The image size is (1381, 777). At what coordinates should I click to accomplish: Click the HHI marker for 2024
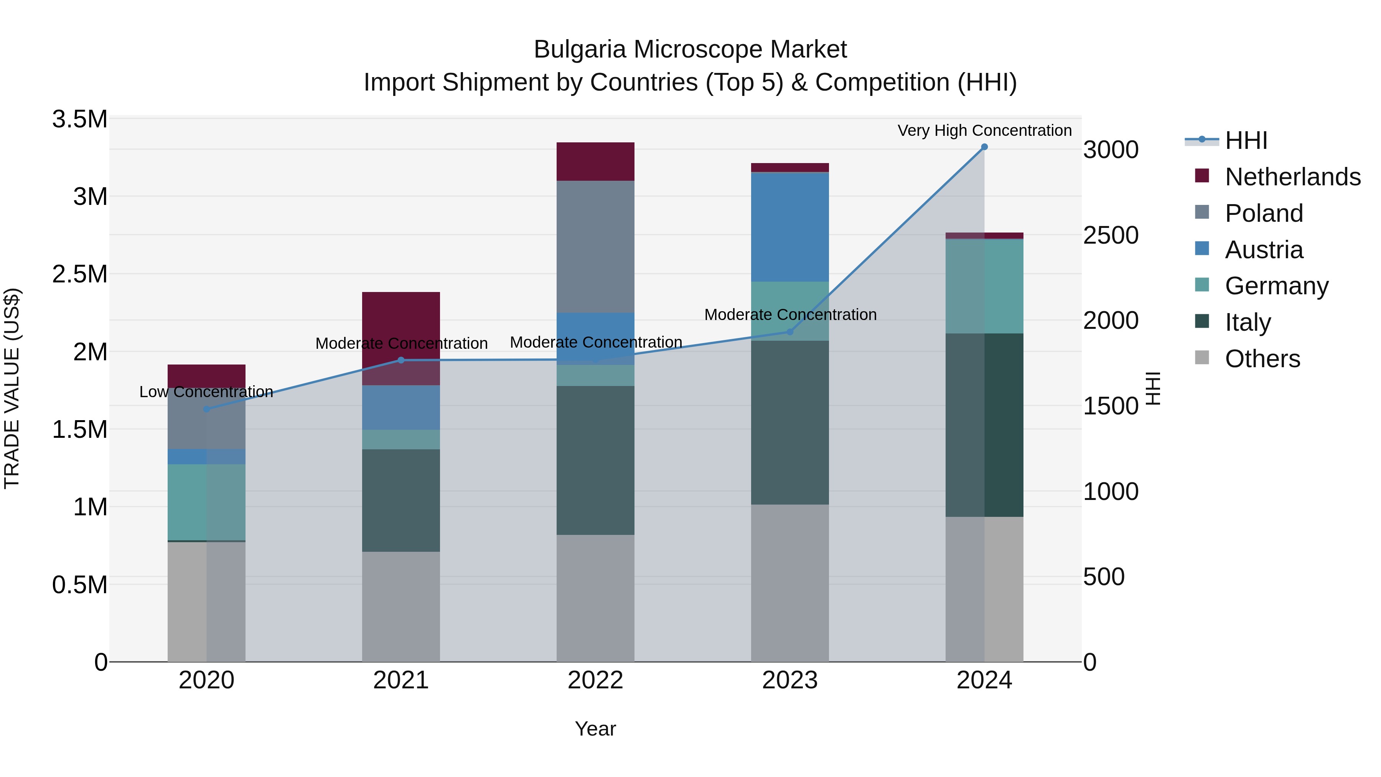point(984,147)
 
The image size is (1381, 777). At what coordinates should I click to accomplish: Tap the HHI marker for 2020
point(206,409)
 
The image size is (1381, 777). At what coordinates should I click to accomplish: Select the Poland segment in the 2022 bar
point(595,247)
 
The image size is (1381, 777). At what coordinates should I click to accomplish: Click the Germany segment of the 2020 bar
point(206,502)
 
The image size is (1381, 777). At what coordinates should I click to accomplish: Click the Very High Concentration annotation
point(984,130)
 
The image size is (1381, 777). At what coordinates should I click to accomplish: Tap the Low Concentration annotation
point(206,392)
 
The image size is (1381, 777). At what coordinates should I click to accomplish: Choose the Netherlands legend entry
point(1292,177)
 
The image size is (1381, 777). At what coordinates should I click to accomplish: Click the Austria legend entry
point(1264,250)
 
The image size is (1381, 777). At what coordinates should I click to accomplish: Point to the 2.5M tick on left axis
point(80,274)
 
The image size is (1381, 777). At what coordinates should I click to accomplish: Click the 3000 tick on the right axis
point(1110,150)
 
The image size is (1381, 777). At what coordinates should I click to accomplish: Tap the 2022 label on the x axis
point(595,680)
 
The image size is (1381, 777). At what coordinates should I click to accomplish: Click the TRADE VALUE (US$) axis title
point(12,388)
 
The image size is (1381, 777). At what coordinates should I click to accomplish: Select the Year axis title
point(595,729)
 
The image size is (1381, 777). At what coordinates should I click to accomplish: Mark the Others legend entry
point(1262,359)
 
